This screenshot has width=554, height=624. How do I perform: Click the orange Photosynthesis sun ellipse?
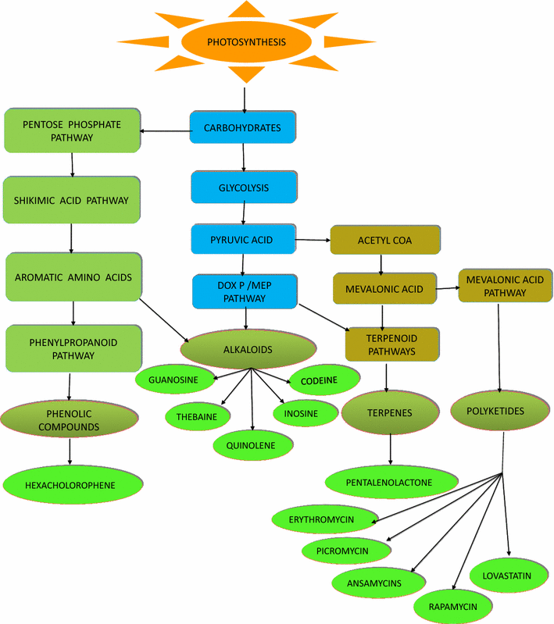pos(245,42)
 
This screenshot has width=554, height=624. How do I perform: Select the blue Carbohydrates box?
pos(243,127)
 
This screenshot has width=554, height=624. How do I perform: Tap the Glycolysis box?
pos(245,187)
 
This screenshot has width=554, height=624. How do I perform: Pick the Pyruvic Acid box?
pos(244,239)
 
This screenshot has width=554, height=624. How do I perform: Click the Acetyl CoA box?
pos(385,240)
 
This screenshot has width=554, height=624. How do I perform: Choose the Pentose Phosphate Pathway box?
pos(73,130)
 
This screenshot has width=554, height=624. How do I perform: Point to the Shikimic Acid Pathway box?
pos(72,200)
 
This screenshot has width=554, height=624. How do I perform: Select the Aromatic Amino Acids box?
pos(73,276)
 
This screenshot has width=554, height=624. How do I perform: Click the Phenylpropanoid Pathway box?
pos(73,348)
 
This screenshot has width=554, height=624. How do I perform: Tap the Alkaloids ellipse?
pos(248,349)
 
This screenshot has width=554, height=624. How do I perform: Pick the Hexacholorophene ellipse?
pos(70,485)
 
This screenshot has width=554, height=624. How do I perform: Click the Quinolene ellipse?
pos(254,444)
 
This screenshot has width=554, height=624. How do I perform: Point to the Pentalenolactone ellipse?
pos(389,483)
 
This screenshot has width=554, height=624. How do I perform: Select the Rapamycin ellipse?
pos(452,605)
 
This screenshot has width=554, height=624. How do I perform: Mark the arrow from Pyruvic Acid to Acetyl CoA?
pos(313,240)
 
